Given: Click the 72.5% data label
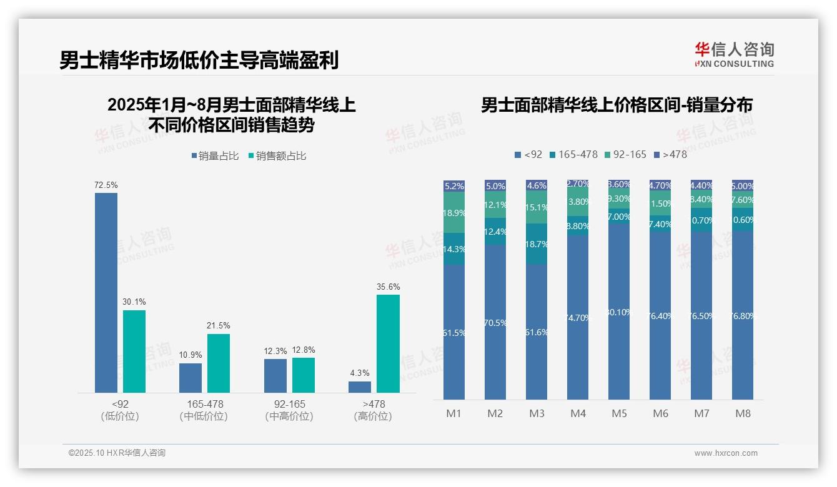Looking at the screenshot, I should (106, 185).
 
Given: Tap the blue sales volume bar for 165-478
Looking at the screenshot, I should (191, 378).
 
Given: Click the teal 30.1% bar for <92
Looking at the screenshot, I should (134, 351).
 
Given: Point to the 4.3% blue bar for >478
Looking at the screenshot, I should (360, 386).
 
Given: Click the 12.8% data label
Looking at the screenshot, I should (304, 350).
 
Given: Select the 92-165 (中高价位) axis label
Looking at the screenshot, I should (289, 410).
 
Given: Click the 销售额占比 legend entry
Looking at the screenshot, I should (277, 156).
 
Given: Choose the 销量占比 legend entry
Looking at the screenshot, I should (215, 156).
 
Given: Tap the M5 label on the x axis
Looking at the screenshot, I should (619, 413).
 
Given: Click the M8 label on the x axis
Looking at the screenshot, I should (743, 413).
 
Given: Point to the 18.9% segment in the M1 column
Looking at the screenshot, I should (453, 212).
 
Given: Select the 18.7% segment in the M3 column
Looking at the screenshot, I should (537, 244).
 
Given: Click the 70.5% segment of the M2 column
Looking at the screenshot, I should (495, 322).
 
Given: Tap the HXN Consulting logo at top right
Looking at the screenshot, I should (734, 55).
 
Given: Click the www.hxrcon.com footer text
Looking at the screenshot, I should (726, 453).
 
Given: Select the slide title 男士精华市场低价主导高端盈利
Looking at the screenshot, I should (199, 61).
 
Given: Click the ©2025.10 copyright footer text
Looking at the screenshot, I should (117, 453).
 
